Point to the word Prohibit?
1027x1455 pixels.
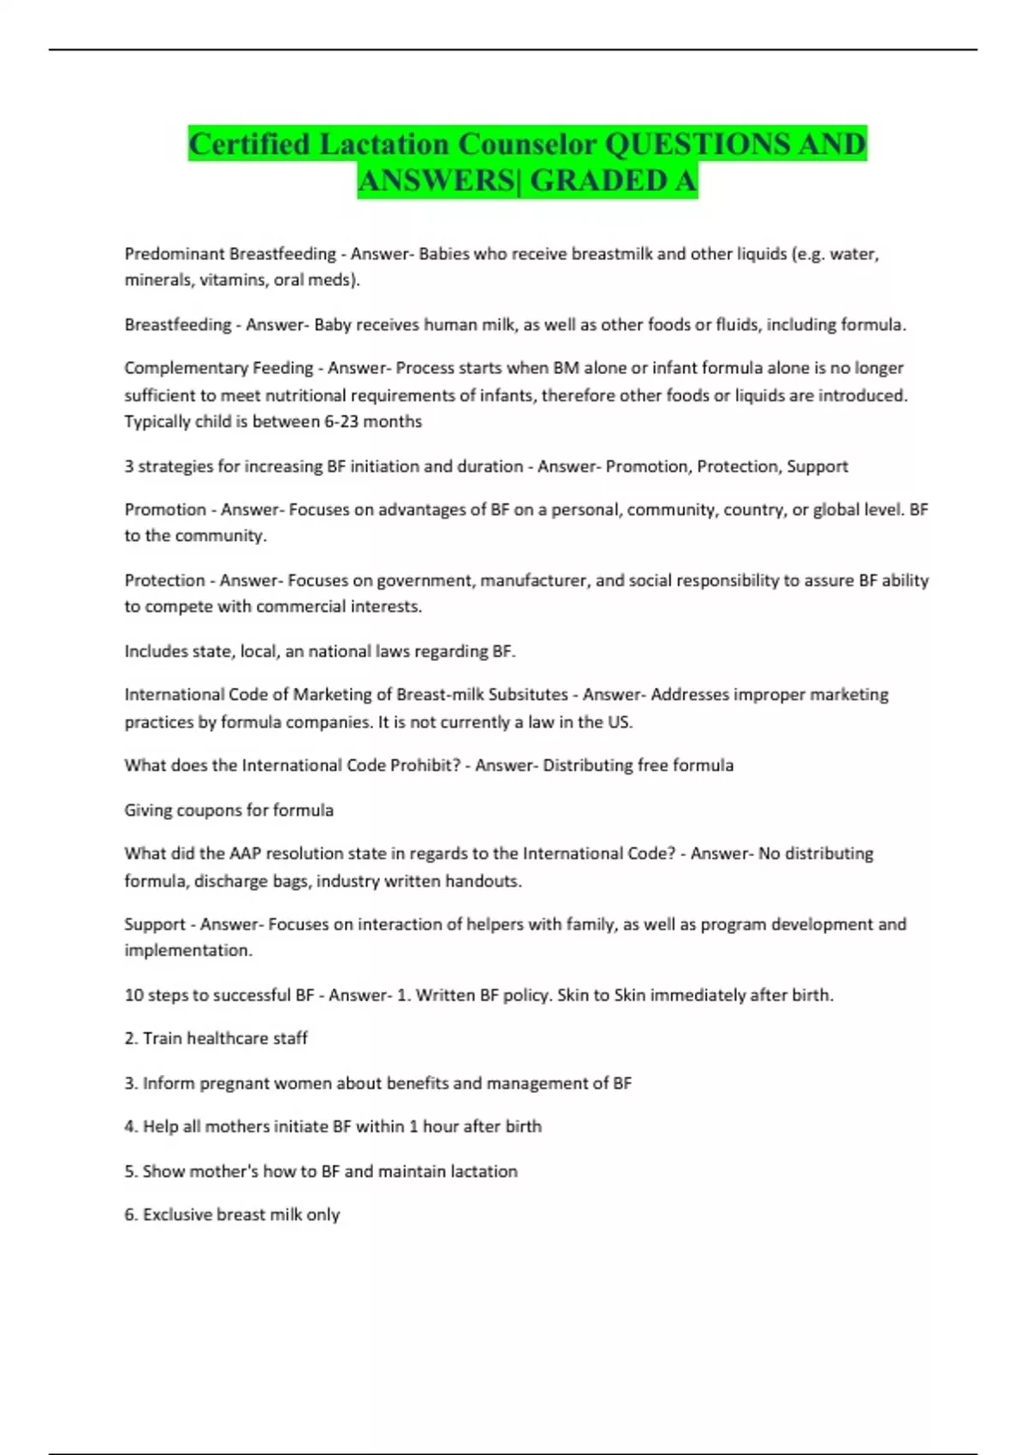[425, 765]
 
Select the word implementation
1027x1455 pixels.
[187, 950]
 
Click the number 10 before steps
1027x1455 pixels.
[134, 995]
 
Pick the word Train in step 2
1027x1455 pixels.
[162, 1038]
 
